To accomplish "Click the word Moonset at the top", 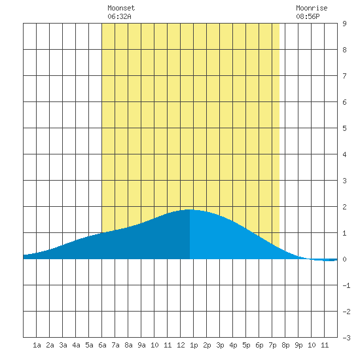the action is [x=121, y=8].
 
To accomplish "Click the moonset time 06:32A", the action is [x=119, y=16].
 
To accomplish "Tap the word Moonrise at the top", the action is [x=312, y=8].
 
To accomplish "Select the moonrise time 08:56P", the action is [x=308, y=16].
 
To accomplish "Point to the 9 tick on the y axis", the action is [x=344, y=24].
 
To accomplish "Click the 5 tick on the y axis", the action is [x=344, y=128].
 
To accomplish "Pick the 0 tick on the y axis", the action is [x=344, y=259].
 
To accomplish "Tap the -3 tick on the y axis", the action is [x=346, y=338].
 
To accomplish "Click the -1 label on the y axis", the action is [x=346, y=285].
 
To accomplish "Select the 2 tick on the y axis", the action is [x=344, y=207].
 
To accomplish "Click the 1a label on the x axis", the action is [x=37, y=345].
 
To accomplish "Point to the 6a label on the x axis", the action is [x=102, y=345].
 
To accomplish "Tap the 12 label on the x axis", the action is [x=181, y=345].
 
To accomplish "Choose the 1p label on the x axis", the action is [x=194, y=345].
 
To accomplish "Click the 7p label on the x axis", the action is [x=272, y=345].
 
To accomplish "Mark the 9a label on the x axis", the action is [x=141, y=345].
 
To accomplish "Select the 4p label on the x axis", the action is [x=233, y=345].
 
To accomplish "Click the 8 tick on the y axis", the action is [x=344, y=50].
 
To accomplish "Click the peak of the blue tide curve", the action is [x=190, y=209].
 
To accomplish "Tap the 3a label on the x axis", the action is [x=63, y=345].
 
